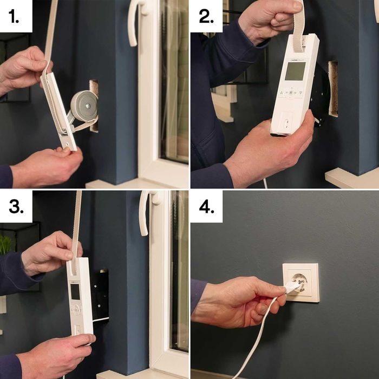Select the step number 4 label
tap(207, 207)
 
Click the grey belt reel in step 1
tap(84, 106)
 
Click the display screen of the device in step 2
tap(295, 71)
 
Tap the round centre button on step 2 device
tap(290, 93)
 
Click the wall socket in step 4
tap(301, 283)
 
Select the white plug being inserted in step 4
tap(289, 287)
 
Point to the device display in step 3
tap(75, 292)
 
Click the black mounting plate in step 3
tap(100, 295)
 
